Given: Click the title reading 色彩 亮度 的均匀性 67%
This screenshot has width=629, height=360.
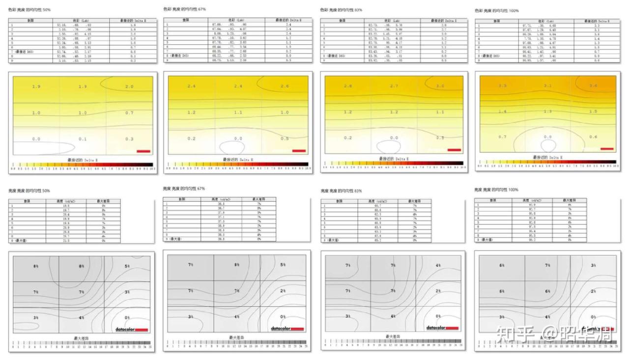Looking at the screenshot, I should [x=184, y=9].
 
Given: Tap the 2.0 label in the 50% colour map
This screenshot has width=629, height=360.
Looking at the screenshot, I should [x=129, y=86].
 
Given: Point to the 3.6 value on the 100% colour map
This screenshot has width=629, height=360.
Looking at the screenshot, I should [x=593, y=86].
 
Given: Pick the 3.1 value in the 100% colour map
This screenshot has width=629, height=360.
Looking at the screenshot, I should [x=547, y=86].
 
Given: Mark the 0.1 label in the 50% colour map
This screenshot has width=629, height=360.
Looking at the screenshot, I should [x=83, y=139].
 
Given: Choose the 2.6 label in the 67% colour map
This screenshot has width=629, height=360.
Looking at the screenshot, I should [x=285, y=86].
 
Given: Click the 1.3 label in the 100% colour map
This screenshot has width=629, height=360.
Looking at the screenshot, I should [x=547, y=111].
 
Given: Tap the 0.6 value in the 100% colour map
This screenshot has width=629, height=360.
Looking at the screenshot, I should [x=593, y=137].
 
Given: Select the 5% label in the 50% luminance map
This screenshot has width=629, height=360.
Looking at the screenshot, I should [x=127, y=266].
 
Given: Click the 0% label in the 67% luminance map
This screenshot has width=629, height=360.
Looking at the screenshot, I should [x=283, y=317].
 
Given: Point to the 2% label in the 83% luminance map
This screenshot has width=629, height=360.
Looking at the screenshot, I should [x=438, y=291].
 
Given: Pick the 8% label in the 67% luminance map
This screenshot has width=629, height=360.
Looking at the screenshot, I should [x=237, y=265].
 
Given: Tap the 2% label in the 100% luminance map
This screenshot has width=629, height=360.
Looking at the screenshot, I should [x=593, y=291].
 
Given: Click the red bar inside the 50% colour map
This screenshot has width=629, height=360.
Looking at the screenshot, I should [x=143, y=151].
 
